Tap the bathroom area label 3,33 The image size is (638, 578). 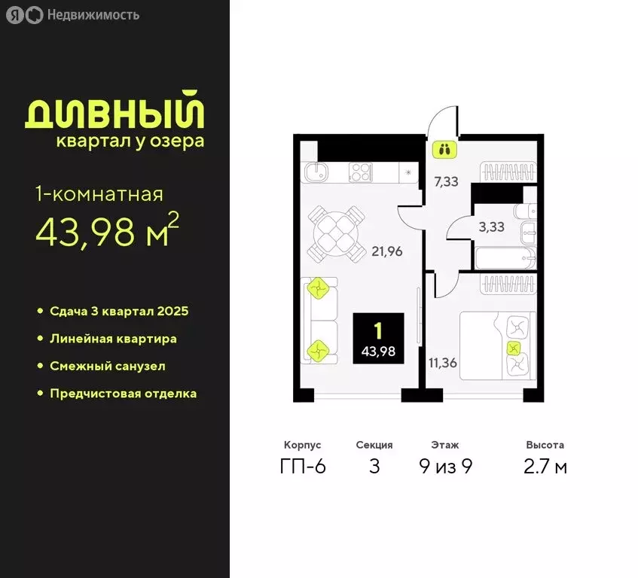tap(493, 227)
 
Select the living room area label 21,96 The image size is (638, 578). tap(386, 251)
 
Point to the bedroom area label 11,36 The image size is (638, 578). tap(443, 363)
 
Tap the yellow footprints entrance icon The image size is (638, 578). tap(444, 149)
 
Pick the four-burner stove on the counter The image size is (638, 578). tap(361, 172)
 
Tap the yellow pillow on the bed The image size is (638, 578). tap(514, 348)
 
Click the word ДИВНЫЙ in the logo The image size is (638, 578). tap(115, 111)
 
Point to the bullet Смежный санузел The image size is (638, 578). tap(107, 366)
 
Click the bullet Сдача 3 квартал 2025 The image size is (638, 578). tap(118, 311)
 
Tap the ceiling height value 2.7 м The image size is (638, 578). tap(545, 467)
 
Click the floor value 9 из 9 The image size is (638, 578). tap(445, 467)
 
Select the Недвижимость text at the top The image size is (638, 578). tap(92, 14)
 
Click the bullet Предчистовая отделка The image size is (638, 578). tap(123, 394)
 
